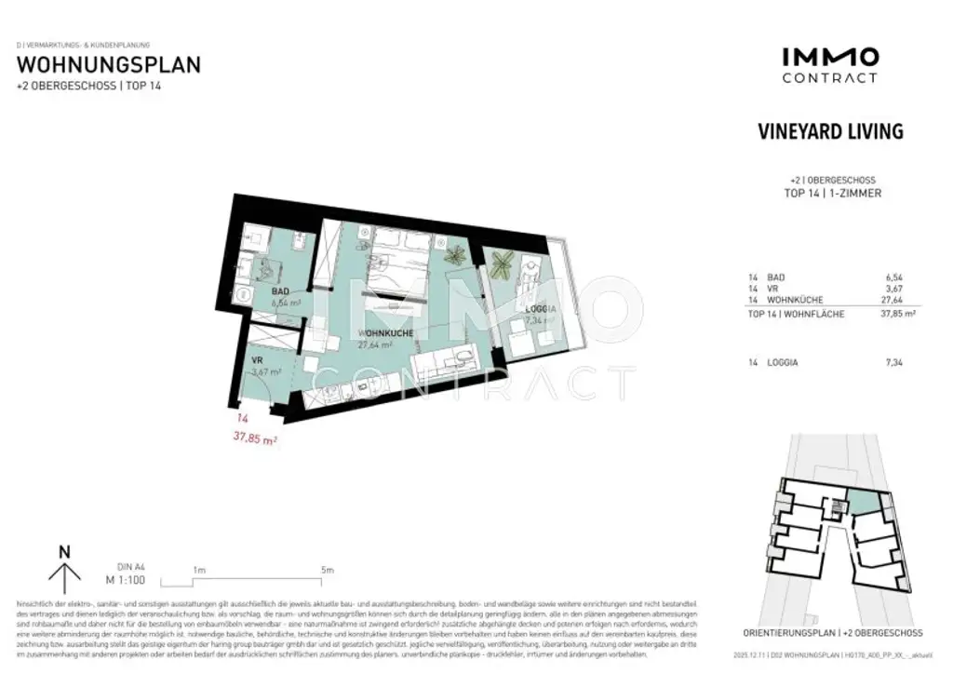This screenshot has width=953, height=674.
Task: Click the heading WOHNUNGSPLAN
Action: pos(108,65)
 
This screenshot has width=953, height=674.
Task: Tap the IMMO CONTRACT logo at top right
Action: pos(829,65)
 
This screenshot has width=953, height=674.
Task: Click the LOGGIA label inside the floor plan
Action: pos(542,308)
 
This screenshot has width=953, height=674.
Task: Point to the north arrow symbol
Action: pos(64,570)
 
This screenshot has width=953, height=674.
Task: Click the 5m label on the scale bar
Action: pos(327,570)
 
